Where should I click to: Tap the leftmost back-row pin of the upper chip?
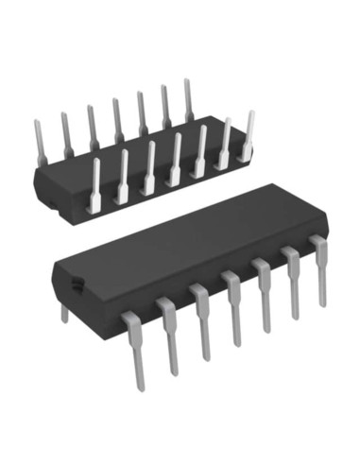tap(41, 142)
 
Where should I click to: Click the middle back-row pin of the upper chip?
tap(117, 118)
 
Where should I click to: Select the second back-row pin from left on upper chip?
tap(66, 133)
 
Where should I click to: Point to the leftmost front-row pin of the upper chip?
tap(95, 183)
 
